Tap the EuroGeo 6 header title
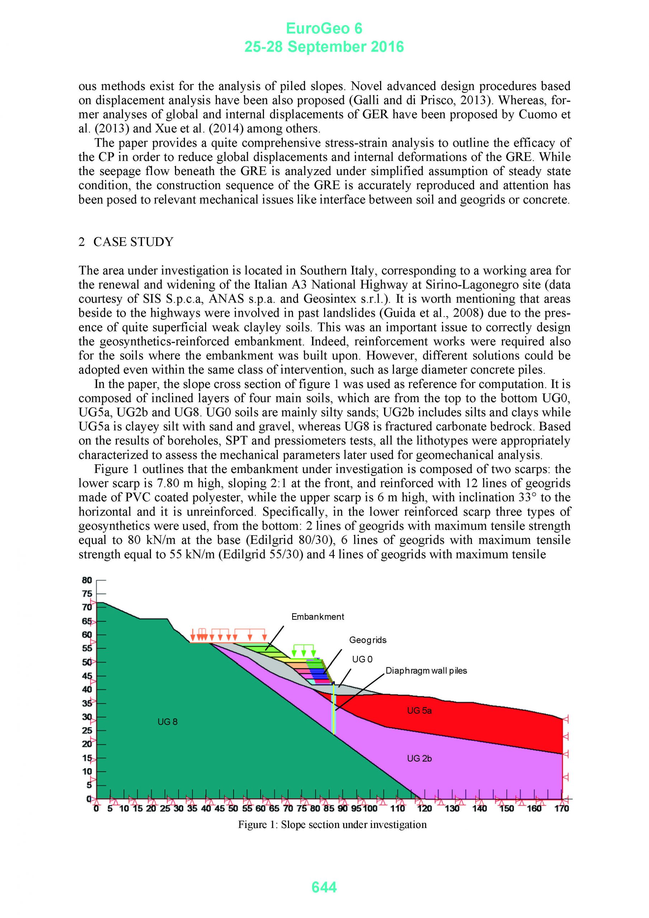click(324, 28)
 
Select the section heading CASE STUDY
click(133, 242)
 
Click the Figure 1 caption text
click(332, 824)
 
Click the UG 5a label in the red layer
click(420, 710)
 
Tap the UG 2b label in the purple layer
click(420, 758)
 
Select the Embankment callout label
click(317, 616)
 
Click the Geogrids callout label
click(368, 640)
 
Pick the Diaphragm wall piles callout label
click(426, 671)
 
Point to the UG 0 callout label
click(362, 659)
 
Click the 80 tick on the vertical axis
click(87, 580)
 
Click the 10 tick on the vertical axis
click(87, 771)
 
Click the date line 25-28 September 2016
click(324, 47)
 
